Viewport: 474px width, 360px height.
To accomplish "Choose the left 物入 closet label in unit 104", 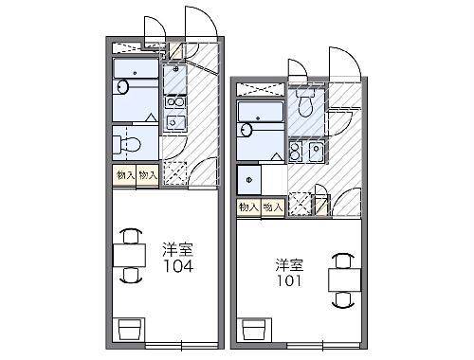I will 125,175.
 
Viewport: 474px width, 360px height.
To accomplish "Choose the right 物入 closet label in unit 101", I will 272,206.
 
